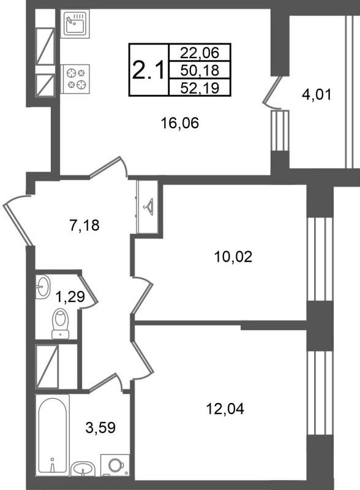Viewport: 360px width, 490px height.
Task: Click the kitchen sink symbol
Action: click(75, 23)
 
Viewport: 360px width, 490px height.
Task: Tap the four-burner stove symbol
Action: click(75, 79)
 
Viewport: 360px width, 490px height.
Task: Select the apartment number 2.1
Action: click(148, 70)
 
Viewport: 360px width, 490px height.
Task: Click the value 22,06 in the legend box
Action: click(200, 53)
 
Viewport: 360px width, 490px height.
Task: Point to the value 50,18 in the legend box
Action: click(200, 70)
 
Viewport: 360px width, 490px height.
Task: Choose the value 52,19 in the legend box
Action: click(200, 88)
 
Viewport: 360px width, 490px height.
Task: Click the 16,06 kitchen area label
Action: click(179, 123)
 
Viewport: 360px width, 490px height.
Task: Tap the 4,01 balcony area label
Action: click(317, 94)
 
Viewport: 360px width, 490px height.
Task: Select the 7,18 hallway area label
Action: click(84, 225)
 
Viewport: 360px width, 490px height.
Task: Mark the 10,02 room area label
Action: click(233, 257)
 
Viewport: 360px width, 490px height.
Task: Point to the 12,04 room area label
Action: click(225, 409)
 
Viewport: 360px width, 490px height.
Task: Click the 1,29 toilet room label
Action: click(70, 296)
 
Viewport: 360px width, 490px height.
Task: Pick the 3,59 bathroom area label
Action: click(100, 427)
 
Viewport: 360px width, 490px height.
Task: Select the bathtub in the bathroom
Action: click(53, 435)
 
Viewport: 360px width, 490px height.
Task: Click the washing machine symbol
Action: click(114, 465)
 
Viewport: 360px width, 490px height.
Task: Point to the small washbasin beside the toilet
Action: click(42, 287)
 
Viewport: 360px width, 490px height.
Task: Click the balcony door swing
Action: click(271, 92)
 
